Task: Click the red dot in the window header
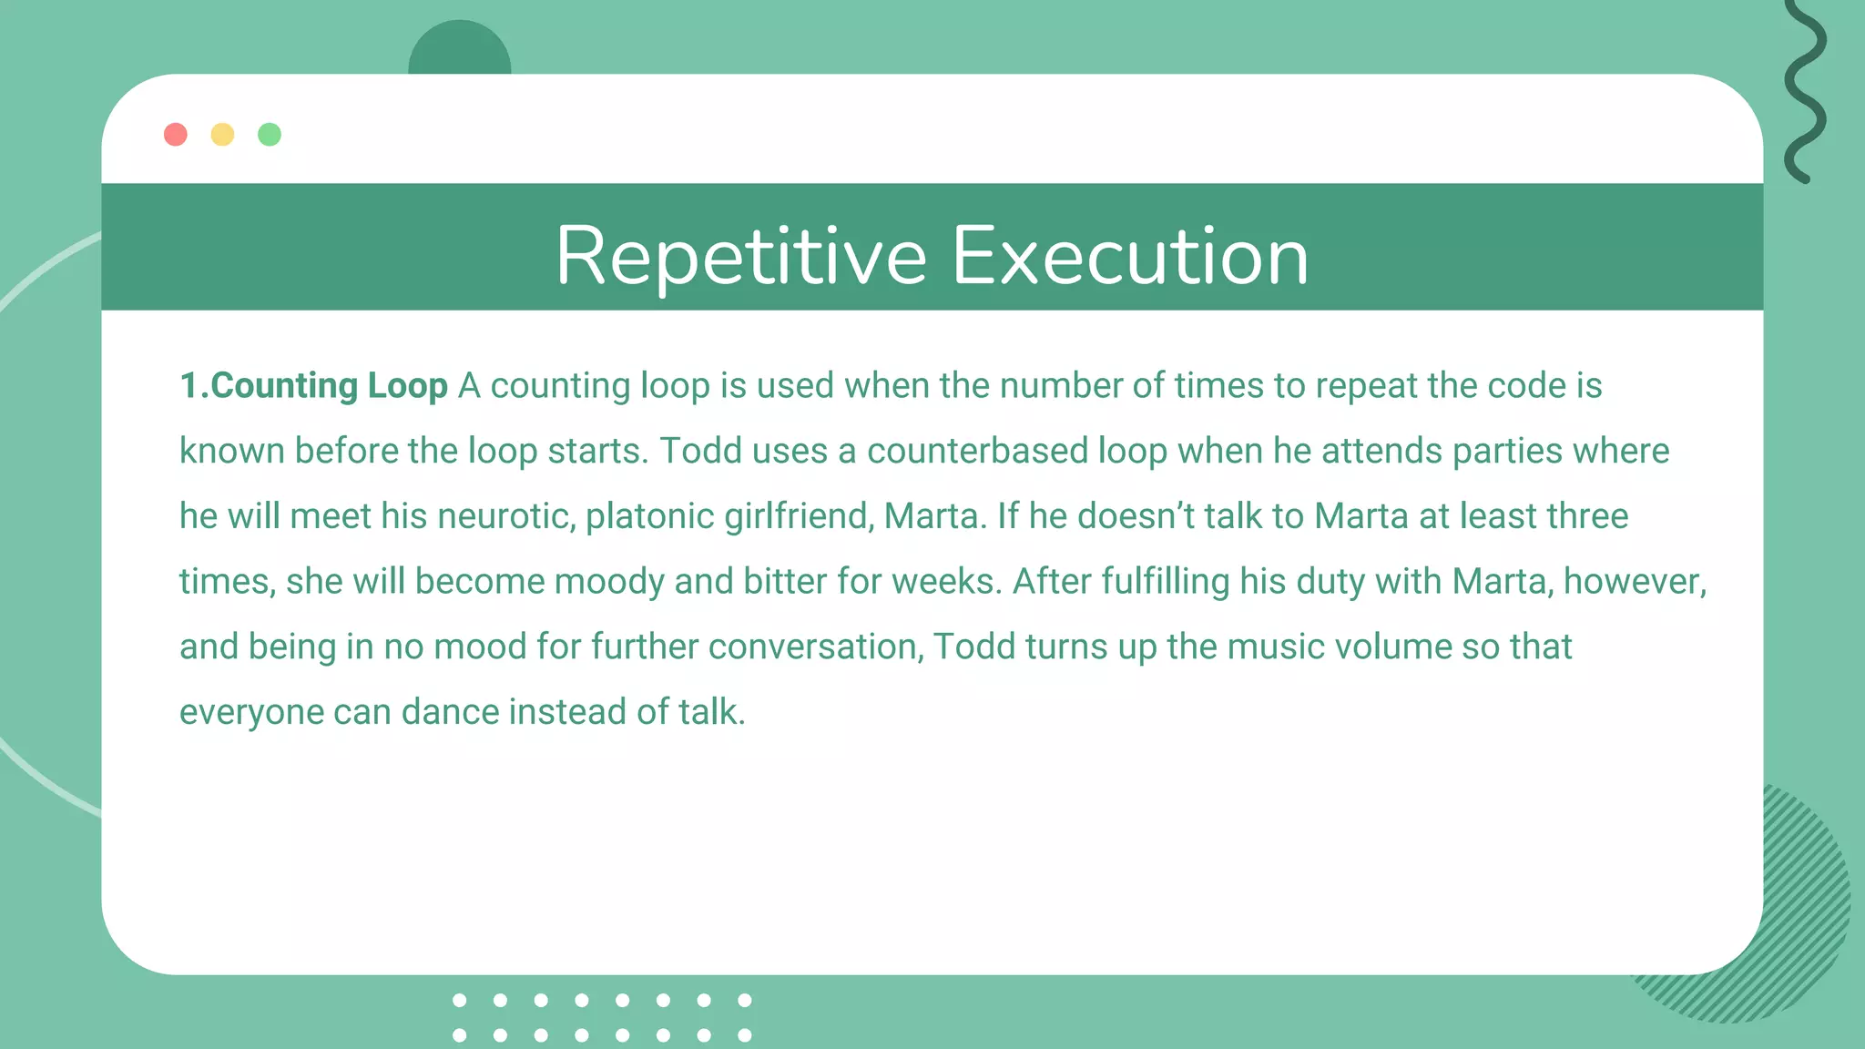click(176, 135)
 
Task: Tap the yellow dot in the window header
click(222, 135)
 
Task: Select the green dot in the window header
click(270, 135)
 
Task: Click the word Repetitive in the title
click(740, 257)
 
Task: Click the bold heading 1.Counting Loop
click(313, 386)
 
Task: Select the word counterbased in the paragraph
click(977, 452)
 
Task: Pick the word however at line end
click(1634, 582)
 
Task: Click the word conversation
click(816, 647)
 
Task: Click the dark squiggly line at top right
click(1805, 91)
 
